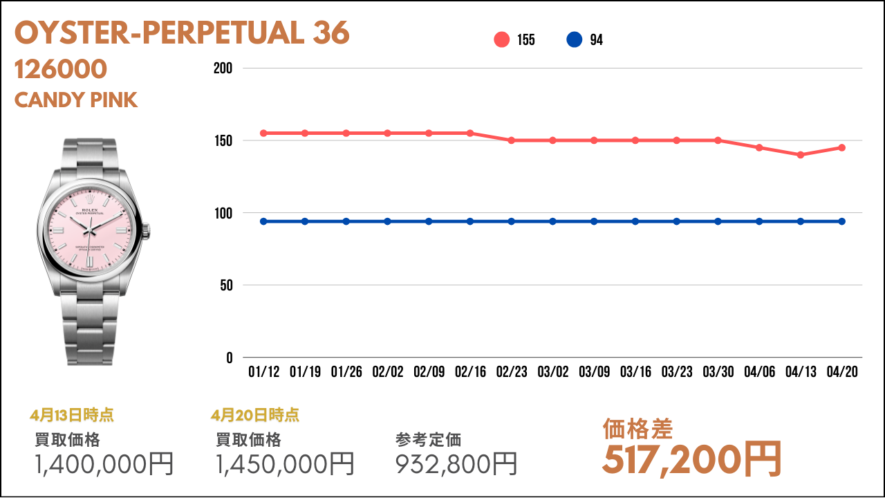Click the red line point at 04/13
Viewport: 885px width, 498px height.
pyautogui.click(x=801, y=155)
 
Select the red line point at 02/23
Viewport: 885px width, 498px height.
pyautogui.click(x=512, y=140)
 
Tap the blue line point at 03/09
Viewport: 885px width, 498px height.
pyautogui.click(x=594, y=221)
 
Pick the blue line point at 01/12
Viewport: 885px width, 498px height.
pyautogui.click(x=263, y=221)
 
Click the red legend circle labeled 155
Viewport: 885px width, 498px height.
pyautogui.click(x=502, y=40)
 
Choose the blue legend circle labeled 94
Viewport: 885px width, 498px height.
pyautogui.click(x=575, y=40)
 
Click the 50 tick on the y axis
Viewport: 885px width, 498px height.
pyautogui.click(x=227, y=285)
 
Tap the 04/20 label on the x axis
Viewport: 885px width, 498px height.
pyautogui.click(x=842, y=372)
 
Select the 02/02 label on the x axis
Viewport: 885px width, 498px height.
pyautogui.click(x=387, y=372)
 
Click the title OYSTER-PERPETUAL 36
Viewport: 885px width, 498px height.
pyautogui.click(x=182, y=33)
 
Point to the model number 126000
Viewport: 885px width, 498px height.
pyautogui.click(x=61, y=69)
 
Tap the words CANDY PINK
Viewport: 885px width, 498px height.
pyautogui.click(x=76, y=100)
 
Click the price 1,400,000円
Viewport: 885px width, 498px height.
pyautogui.click(x=104, y=464)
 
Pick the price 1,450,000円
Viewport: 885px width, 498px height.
pyautogui.click(x=285, y=464)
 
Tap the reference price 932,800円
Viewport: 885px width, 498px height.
pyautogui.click(x=456, y=464)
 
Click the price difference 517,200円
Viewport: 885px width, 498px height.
pyautogui.click(x=691, y=459)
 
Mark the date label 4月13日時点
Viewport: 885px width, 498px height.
pyautogui.click(x=72, y=416)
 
